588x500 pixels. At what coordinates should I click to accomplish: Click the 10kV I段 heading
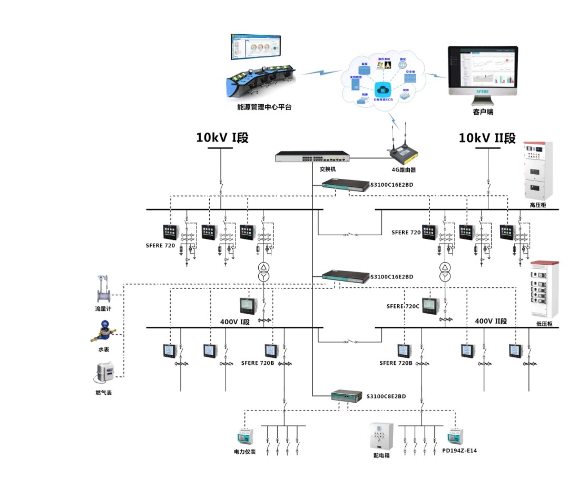click(x=222, y=138)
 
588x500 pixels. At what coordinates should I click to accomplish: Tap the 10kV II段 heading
click(x=487, y=138)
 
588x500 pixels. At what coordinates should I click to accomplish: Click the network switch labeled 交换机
click(x=312, y=156)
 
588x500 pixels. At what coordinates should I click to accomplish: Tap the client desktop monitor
click(x=483, y=74)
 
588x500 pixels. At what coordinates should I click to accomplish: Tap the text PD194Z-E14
click(x=459, y=451)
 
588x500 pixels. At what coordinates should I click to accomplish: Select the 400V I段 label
click(x=234, y=322)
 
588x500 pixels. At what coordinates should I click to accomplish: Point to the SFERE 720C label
click(x=403, y=306)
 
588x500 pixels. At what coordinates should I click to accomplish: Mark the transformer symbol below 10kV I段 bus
click(x=263, y=271)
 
